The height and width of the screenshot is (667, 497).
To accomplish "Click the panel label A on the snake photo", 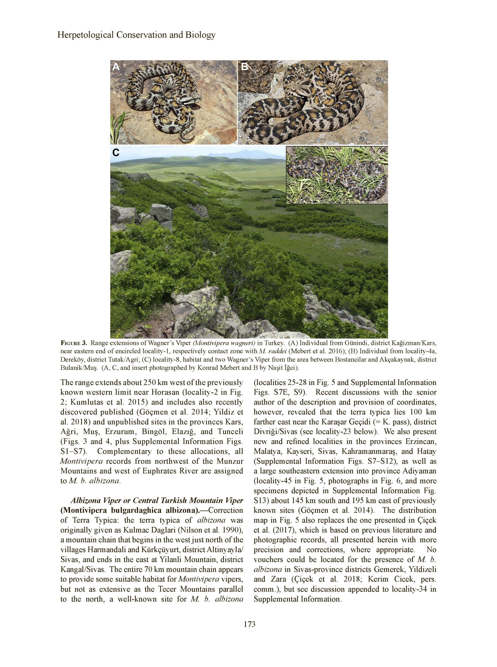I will [116, 67].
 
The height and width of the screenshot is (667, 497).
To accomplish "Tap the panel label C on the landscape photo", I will [116, 153].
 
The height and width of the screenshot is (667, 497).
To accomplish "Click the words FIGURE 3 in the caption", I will [74, 343].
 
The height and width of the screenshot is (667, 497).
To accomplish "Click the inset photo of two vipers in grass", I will [337, 175].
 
